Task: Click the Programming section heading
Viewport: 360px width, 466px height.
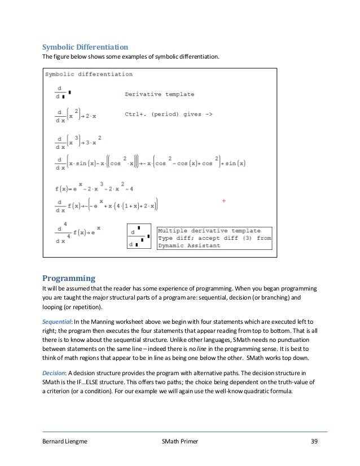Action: coord(69,278)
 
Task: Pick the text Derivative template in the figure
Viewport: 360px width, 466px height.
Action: coord(159,94)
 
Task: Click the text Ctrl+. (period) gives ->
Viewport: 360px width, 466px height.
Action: coord(168,115)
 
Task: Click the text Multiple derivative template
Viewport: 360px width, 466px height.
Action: coord(209,231)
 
